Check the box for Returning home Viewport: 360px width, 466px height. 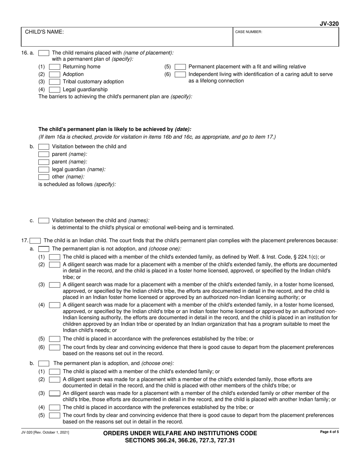click(55, 67)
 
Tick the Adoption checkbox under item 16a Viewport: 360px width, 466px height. click(55, 74)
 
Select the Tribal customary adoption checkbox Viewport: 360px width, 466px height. click(55, 82)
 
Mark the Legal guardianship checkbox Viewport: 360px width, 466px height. click(55, 90)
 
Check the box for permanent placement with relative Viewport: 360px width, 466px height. click(180, 67)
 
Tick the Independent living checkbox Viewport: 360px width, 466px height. click(180, 74)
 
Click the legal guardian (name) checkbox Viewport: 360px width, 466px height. click(44, 169)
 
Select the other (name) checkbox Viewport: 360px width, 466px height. click(44, 177)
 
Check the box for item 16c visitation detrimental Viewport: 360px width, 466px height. click(44, 220)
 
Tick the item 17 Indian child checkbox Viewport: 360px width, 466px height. click(35, 240)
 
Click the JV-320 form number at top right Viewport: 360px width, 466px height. click(329, 24)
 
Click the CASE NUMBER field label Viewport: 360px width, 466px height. click(249, 32)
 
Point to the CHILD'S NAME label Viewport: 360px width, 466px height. click(44, 32)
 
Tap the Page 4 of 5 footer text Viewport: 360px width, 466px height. click(329, 432)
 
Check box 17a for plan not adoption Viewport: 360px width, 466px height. click(44, 249)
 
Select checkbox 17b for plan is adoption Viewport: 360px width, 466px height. click(44, 363)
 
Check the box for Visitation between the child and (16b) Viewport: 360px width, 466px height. click(44, 147)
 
